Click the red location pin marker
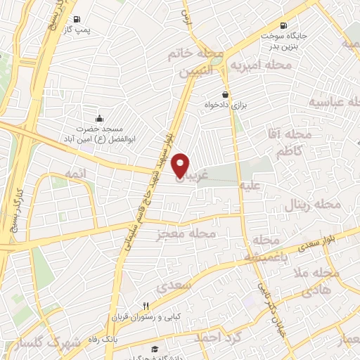coord(181,165)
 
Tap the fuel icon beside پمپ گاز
coord(76,19)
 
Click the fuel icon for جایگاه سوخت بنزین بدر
coord(283,24)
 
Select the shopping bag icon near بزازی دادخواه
coord(224,94)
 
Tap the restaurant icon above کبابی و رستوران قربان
coord(146,306)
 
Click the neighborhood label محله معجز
coord(186,233)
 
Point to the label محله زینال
coord(312,207)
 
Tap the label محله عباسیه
coord(331,103)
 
